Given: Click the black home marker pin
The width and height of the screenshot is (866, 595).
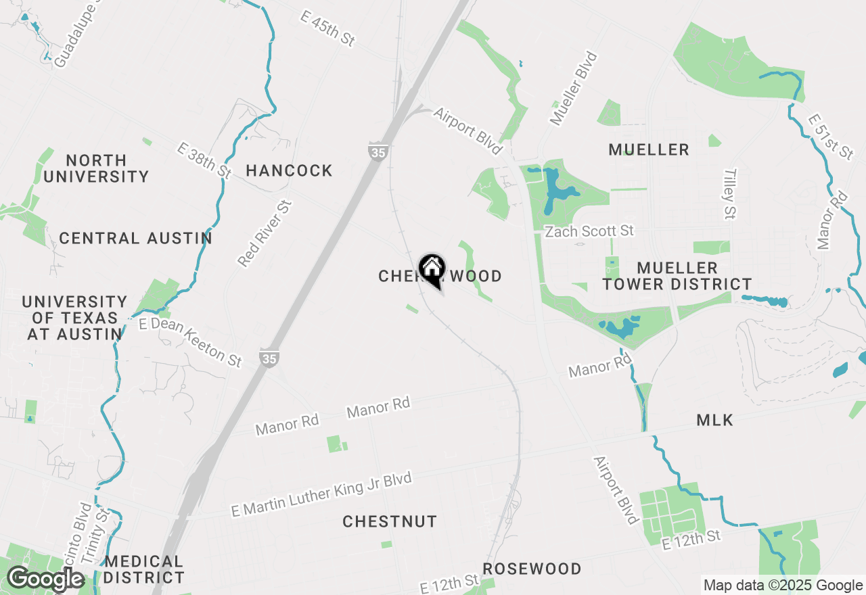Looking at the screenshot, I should point(432,270).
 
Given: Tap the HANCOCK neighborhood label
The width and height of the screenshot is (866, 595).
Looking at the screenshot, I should point(289,170).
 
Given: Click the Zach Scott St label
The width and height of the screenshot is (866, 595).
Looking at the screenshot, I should point(589,231).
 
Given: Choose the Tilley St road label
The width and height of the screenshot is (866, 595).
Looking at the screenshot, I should point(729,194).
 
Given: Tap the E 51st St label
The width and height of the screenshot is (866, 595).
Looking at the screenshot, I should point(830,137).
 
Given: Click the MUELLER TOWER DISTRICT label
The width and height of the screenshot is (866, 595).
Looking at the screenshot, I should point(677,276).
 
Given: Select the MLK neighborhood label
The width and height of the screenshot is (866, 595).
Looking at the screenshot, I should point(714,421).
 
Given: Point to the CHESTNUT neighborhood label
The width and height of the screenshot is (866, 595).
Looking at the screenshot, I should point(390,521).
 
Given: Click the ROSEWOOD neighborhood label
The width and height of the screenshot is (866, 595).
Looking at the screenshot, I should point(532,569).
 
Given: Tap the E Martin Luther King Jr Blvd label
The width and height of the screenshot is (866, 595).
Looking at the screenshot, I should point(321,495).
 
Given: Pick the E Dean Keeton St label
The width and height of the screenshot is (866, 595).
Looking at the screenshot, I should point(190,343).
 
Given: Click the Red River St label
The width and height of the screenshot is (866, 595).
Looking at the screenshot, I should point(265,233).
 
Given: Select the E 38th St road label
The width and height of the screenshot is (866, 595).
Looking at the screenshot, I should point(203,160).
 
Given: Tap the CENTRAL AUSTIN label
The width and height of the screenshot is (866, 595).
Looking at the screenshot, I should point(135,238).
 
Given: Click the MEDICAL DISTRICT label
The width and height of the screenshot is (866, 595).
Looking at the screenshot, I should point(144,569).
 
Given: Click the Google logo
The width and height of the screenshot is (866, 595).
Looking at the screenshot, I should point(45,579).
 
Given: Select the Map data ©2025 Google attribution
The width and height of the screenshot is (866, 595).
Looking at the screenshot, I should point(782,586).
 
